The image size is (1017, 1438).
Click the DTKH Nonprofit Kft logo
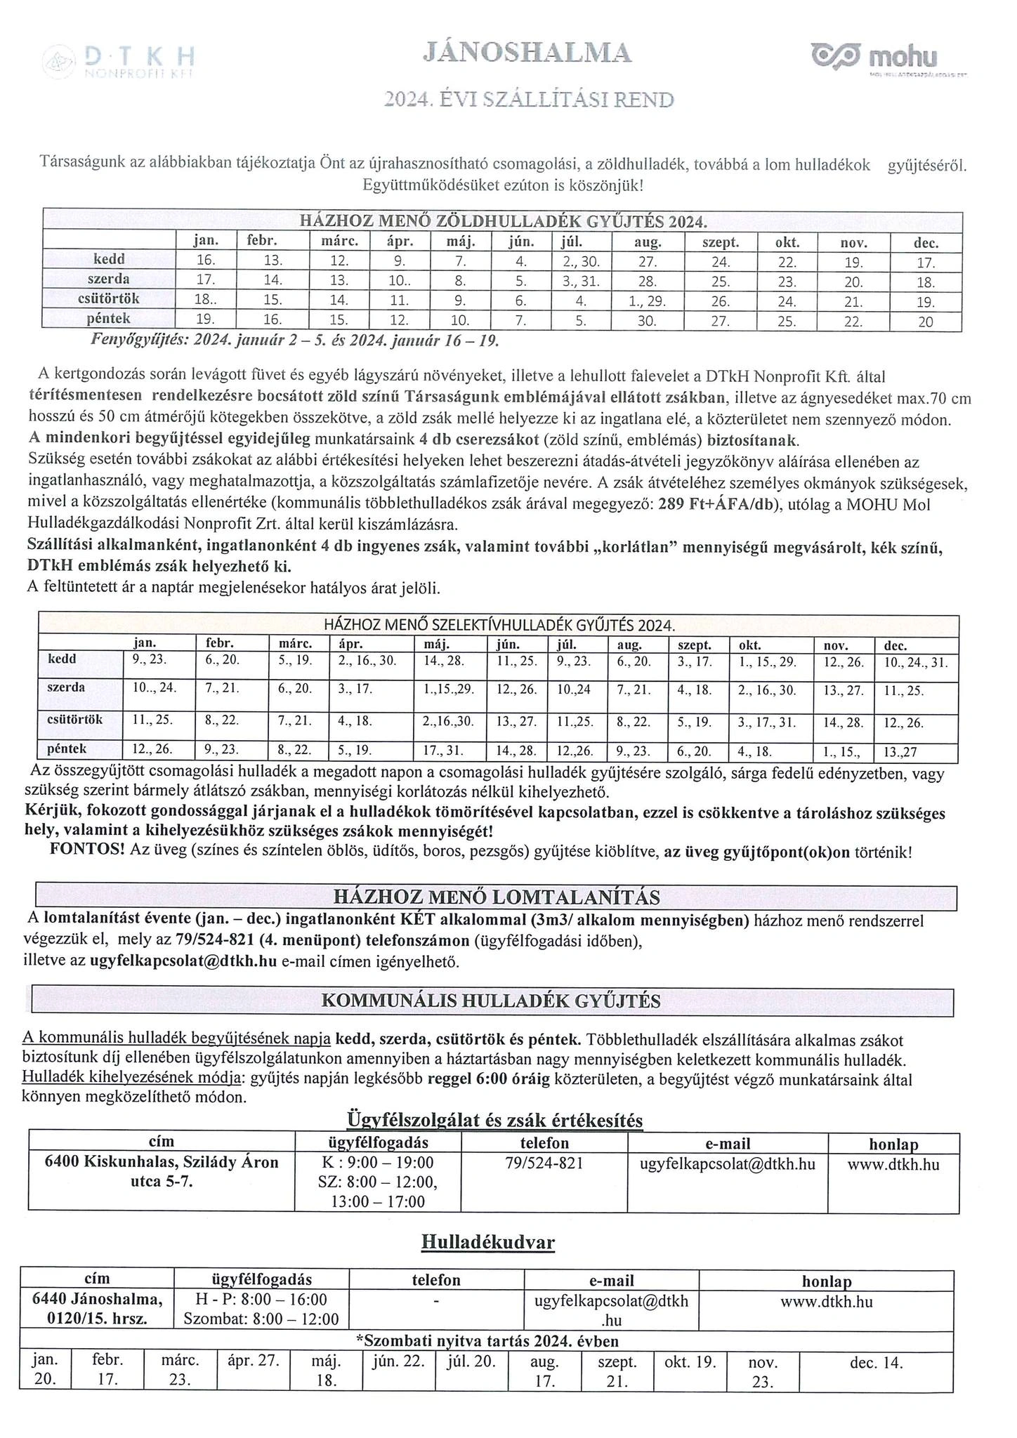click(118, 62)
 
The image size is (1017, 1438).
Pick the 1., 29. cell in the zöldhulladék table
click(647, 302)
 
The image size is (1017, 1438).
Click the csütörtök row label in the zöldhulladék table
click(109, 299)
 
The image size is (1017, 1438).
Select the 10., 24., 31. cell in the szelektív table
click(915, 662)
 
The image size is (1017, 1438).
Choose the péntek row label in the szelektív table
click(67, 749)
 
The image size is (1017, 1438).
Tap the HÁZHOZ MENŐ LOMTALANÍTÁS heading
click(496, 897)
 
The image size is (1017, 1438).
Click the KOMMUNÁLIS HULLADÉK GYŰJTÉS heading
click(490, 1001)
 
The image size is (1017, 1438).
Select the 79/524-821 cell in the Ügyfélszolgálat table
click(544, 1163)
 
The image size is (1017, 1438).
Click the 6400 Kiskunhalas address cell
click(162, 1172)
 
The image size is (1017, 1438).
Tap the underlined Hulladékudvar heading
click(488, 1242)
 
